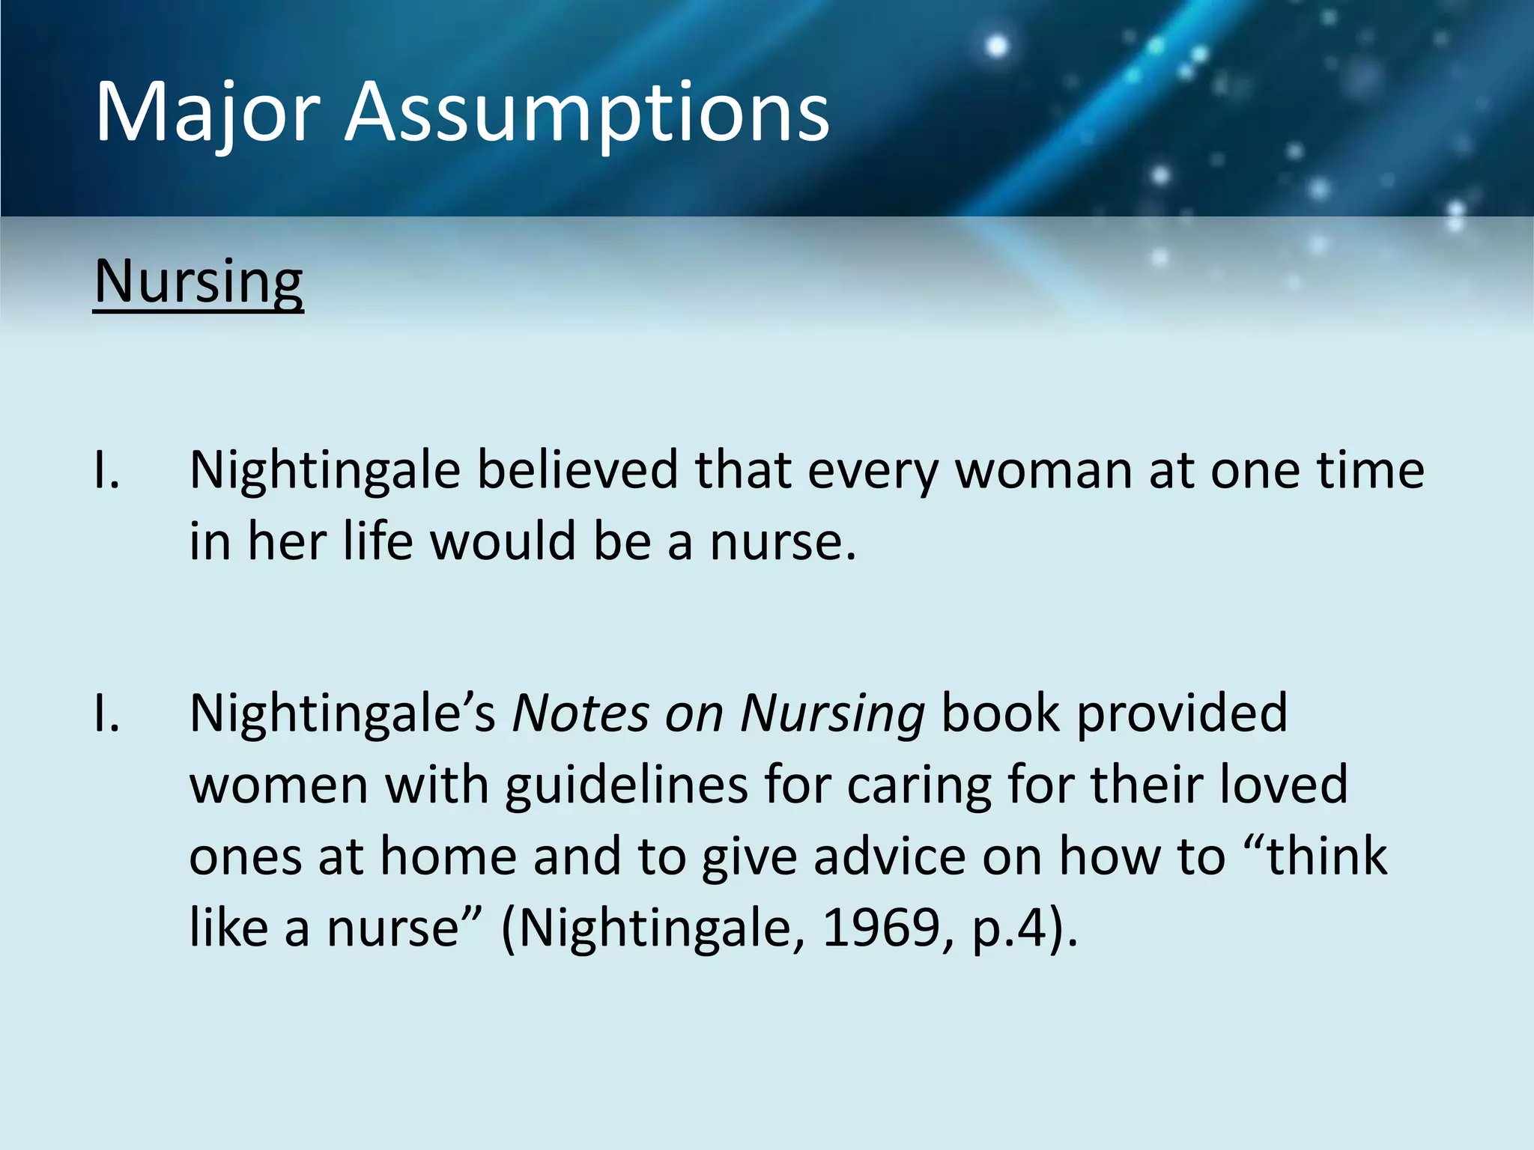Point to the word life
pyautogui.click(x=378, y=541)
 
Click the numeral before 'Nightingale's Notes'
pyautogui.click(x=106, y=713)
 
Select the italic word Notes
pyautogui.click(x=580, y=713)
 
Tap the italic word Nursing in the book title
pyautogui.click(x=832, y=713)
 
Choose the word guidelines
pyautogui.click(x=626, y=785)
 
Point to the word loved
pyautogui.click(x=1284, y=785)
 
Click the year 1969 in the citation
pyautogui.click(x=881, y=928)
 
